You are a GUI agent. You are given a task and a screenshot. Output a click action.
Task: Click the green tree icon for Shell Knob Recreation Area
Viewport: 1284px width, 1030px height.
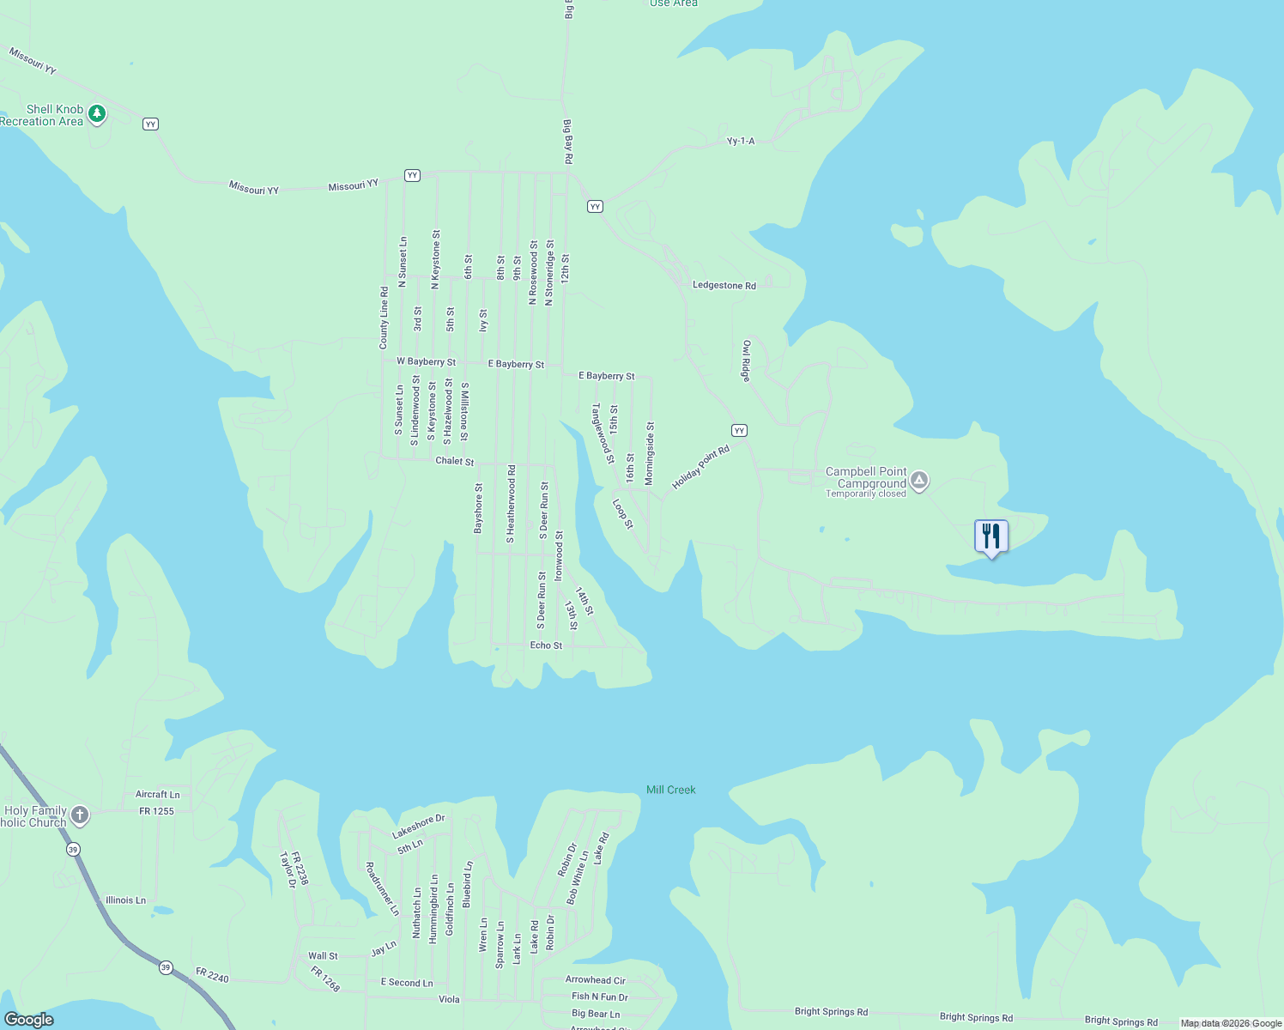[x=97, y=113]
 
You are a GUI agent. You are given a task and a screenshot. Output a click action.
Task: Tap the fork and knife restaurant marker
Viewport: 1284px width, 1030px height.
[x=991, y=536]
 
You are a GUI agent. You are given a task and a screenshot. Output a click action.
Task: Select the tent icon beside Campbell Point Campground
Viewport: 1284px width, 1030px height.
[x=919, y=480]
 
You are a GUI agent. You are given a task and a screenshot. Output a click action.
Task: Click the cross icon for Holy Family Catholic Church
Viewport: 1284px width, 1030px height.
[x=80, y=815]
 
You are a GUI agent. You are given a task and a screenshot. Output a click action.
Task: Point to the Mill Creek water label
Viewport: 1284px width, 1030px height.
[x=670, y=790]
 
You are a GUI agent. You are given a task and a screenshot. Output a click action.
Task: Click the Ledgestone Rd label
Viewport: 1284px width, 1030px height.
[x=724, y=286]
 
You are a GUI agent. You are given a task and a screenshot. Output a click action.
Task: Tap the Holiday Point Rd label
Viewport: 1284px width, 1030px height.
[x=700, y=468]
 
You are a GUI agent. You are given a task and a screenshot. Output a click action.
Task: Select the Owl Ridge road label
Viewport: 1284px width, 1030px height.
[x=746, y=360]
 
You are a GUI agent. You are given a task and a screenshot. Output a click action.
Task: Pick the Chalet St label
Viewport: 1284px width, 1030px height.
[x=454, y=461]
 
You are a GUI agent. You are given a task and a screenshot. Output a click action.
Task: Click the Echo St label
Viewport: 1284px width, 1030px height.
[x=546, y=645]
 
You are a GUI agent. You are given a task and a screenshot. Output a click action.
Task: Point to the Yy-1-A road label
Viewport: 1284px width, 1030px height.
[x=740, y=141]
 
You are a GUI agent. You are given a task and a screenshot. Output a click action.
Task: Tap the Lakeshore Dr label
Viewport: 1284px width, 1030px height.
[x=419, y=827]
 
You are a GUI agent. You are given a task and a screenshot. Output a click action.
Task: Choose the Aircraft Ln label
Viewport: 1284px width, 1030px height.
[x=158, y=795]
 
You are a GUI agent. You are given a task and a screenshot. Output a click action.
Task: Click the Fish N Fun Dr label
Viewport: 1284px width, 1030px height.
[x=600, y=997]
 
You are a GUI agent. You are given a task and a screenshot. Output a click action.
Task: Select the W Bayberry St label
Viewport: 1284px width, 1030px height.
[x=426, y=362]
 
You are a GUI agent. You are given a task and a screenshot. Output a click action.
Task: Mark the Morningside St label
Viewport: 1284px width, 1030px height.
[x=650, y=452]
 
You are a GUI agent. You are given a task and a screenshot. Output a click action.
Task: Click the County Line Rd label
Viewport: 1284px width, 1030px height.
[x=384, y=318]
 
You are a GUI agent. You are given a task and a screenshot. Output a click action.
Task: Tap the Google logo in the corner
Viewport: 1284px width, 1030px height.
[x=29, y=1020]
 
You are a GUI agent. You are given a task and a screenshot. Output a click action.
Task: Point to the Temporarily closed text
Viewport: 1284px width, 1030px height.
[x=865, y=494]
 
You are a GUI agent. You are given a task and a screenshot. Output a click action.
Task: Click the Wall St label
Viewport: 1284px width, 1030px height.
[x=323, y=956]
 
